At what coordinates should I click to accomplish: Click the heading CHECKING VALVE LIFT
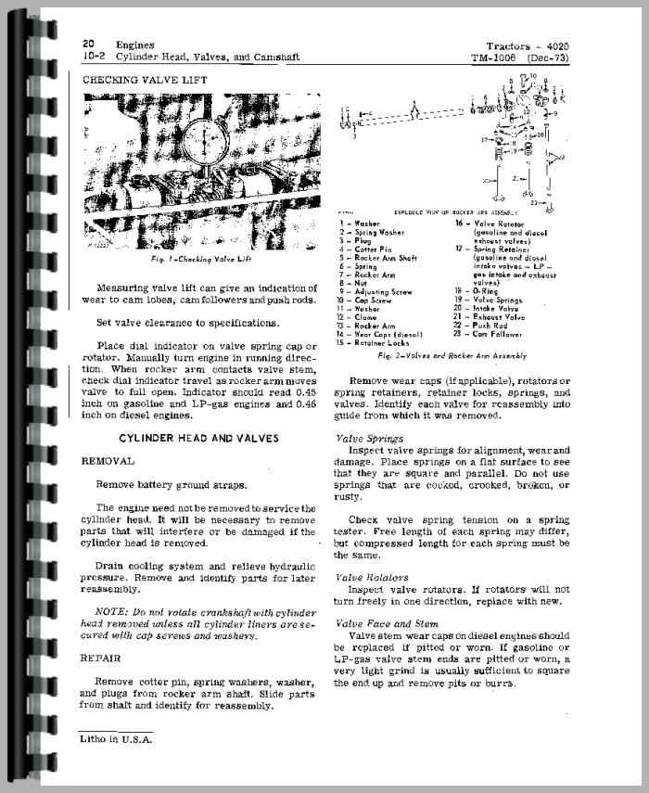click(145, 81)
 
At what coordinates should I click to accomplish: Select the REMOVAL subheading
click(108, 460)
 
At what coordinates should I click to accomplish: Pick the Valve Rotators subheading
click(372, 577)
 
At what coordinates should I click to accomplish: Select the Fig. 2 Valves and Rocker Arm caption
click(465, 355)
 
